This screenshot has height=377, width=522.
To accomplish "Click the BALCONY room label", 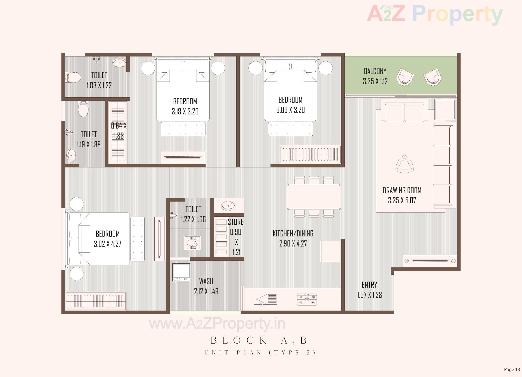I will [375, 71].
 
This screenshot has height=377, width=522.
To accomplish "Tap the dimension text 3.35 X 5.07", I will [402, 201].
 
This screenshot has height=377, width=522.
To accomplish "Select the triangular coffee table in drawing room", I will [404, 165].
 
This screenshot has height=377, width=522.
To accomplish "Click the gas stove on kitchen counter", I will [307, 299].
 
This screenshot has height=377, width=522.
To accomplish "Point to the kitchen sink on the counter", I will [266, 299].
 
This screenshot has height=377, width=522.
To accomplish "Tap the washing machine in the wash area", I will [181, 272].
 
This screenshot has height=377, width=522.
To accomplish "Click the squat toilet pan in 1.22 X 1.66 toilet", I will [192, 242].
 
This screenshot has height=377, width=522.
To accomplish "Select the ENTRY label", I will [369, 285].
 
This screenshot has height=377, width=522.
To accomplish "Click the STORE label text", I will [235, 222].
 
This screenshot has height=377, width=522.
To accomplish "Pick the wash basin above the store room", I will [228, 206].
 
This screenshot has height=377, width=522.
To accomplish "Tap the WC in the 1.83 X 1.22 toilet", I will [73, 77].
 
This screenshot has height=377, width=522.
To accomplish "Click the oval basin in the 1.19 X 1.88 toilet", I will [71, 155].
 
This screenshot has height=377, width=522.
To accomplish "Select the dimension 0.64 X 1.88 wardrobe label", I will [119, 130].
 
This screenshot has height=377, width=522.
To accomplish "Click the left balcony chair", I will [405, 77].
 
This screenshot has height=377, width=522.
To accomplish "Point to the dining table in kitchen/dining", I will [314, 197].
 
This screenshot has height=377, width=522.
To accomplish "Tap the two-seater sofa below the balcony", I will [405, 111].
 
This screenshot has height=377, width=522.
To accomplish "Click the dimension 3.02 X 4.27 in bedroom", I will [108, 244].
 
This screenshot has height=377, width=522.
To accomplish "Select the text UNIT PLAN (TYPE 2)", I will [260, 353].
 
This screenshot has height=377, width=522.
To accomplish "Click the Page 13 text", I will [512, 369].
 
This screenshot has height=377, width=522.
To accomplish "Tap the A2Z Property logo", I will [434, 14].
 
